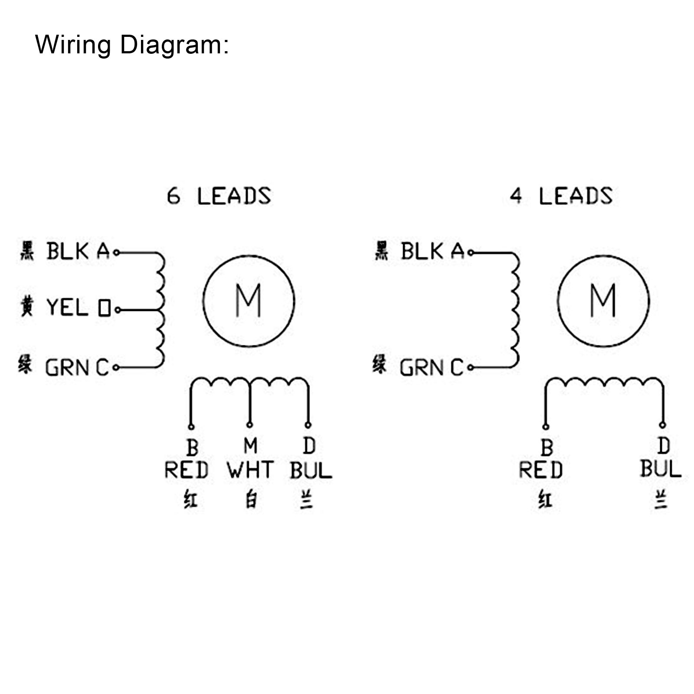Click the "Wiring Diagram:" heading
coord(131,45)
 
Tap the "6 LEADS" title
coord(219,196)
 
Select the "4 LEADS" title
coord(561,196)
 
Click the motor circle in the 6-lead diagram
coord(249,301)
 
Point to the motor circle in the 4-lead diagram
coord(603,301)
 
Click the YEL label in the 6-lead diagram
coord(67,307)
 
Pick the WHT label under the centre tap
coord(250,470)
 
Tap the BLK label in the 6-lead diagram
coord(67,251)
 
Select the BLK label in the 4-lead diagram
coord(422,251)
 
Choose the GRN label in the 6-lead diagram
coord(67,368)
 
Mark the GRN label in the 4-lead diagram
coord(421,368)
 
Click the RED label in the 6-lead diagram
coord(187,470)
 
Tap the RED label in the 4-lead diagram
coord(541,470)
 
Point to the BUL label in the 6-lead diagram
coord(311,470)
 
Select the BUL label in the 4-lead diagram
coord(661,469)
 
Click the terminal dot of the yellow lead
coord(117,310)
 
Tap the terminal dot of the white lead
coord(249,425)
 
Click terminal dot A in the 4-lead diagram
coord(471,252)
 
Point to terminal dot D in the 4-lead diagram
coord(662,425)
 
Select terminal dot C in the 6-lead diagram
coord(116,368)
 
